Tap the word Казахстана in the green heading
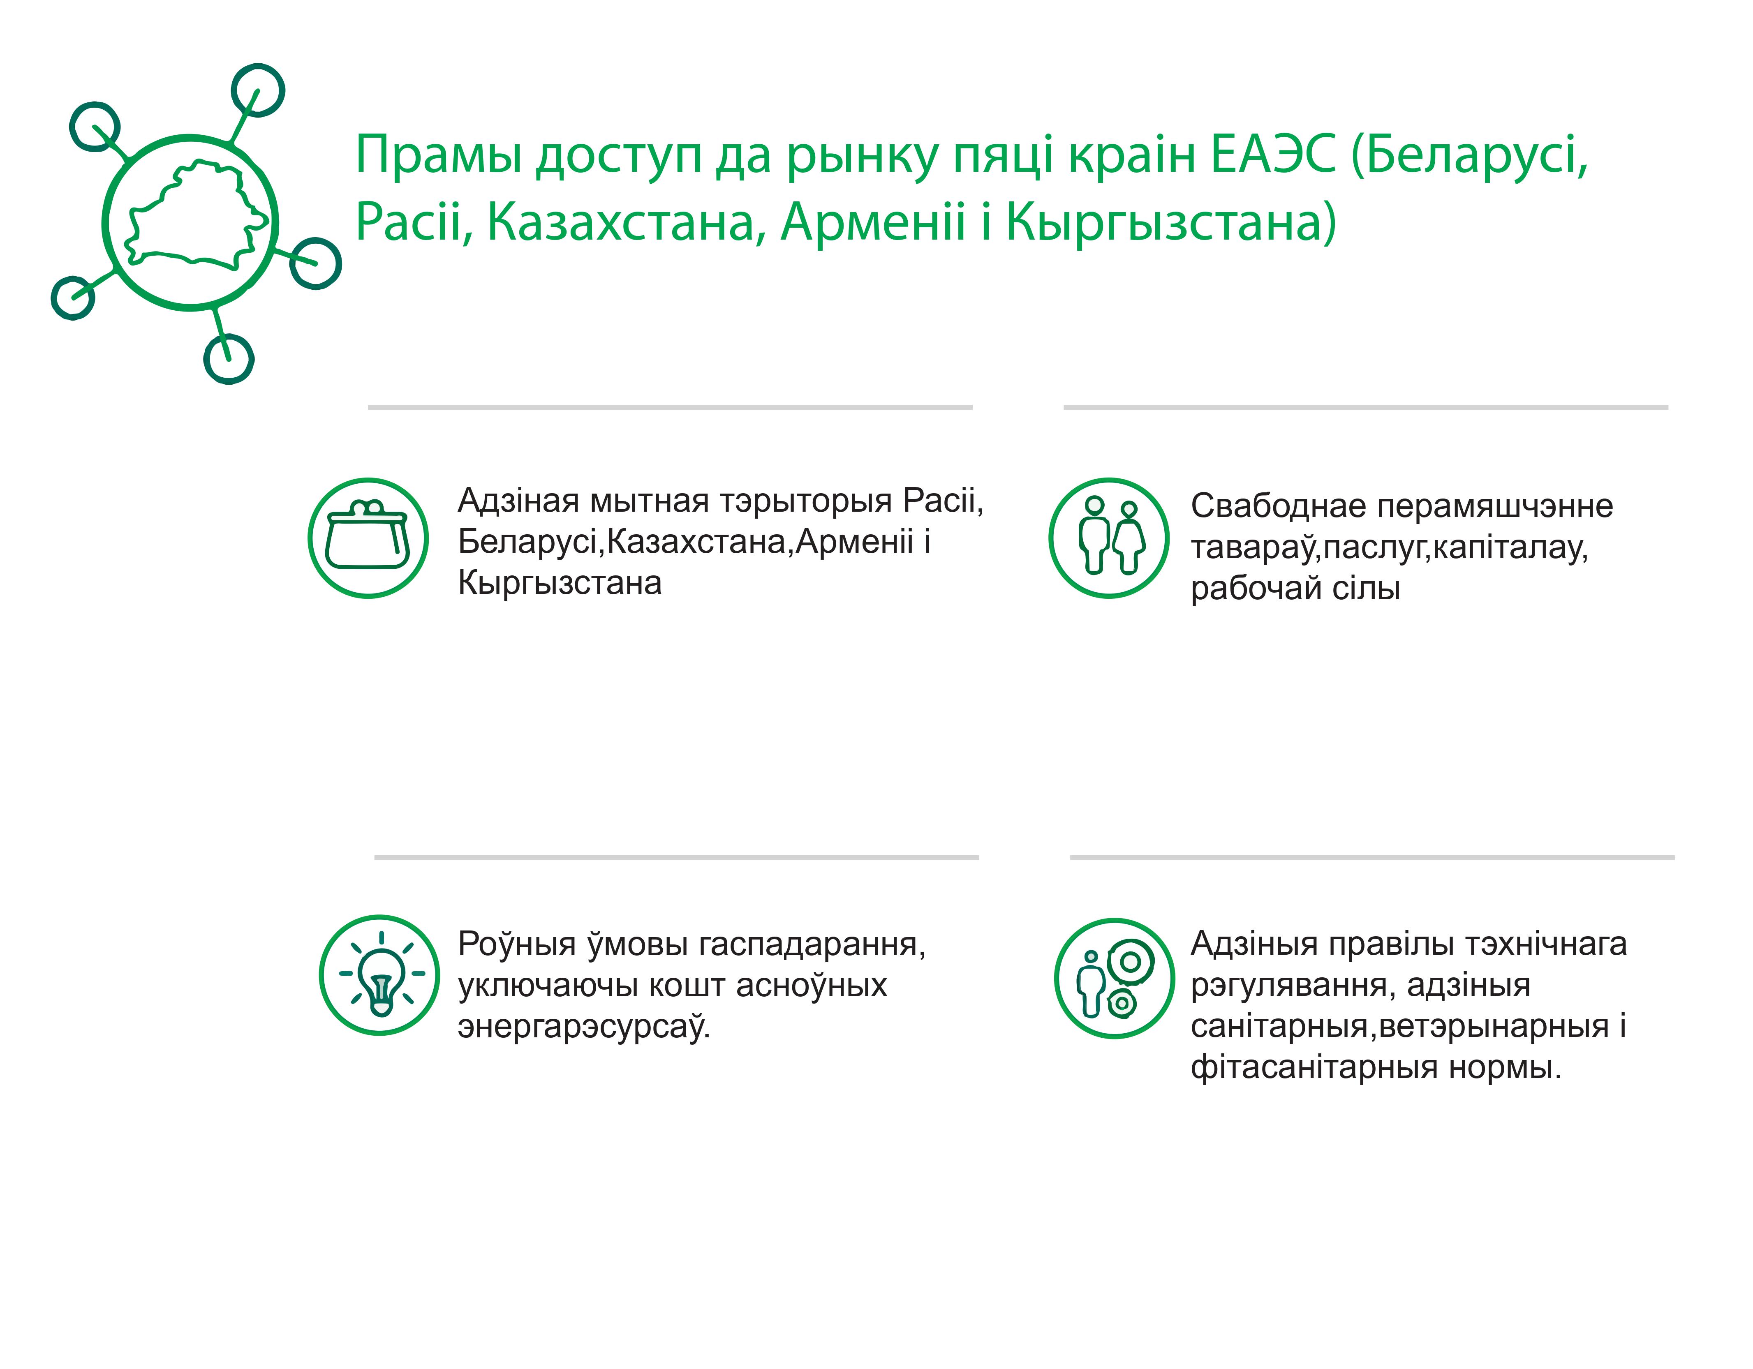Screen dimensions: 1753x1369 pyautogui.click(x=621, y=223)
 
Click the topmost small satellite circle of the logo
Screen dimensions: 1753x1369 pyautogui.click(x=258, y=90)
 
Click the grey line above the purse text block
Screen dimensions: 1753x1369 pyautogui.click(x=670, y=408)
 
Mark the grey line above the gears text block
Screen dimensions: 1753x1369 pyautogui.click(x=1373, y=858)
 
